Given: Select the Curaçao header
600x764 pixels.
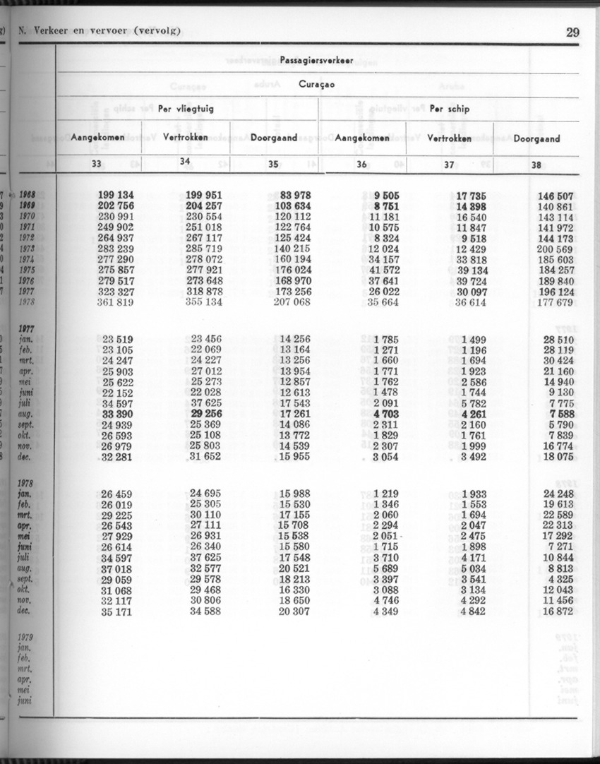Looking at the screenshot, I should pyautogui.click(x=317, y=85).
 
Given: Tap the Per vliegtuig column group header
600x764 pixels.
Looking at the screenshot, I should pyautogui.click(x=186, y=109).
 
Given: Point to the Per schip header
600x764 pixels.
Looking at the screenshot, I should pyautogui.click(x=449, y=109).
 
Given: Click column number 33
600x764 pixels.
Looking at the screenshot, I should pyautogui.click(x=97, y=164).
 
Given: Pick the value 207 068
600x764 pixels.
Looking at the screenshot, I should pyautogui.click(x=292, y=302).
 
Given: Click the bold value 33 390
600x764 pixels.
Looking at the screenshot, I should pyautogui.click(x=118, y=413).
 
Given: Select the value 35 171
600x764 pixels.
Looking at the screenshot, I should pyautogui.click(x=118, y=611).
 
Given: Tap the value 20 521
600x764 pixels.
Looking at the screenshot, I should pyautogui.click(x=294, y=569).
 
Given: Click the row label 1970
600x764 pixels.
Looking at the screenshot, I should pyautogui.click(x=28, y=216).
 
